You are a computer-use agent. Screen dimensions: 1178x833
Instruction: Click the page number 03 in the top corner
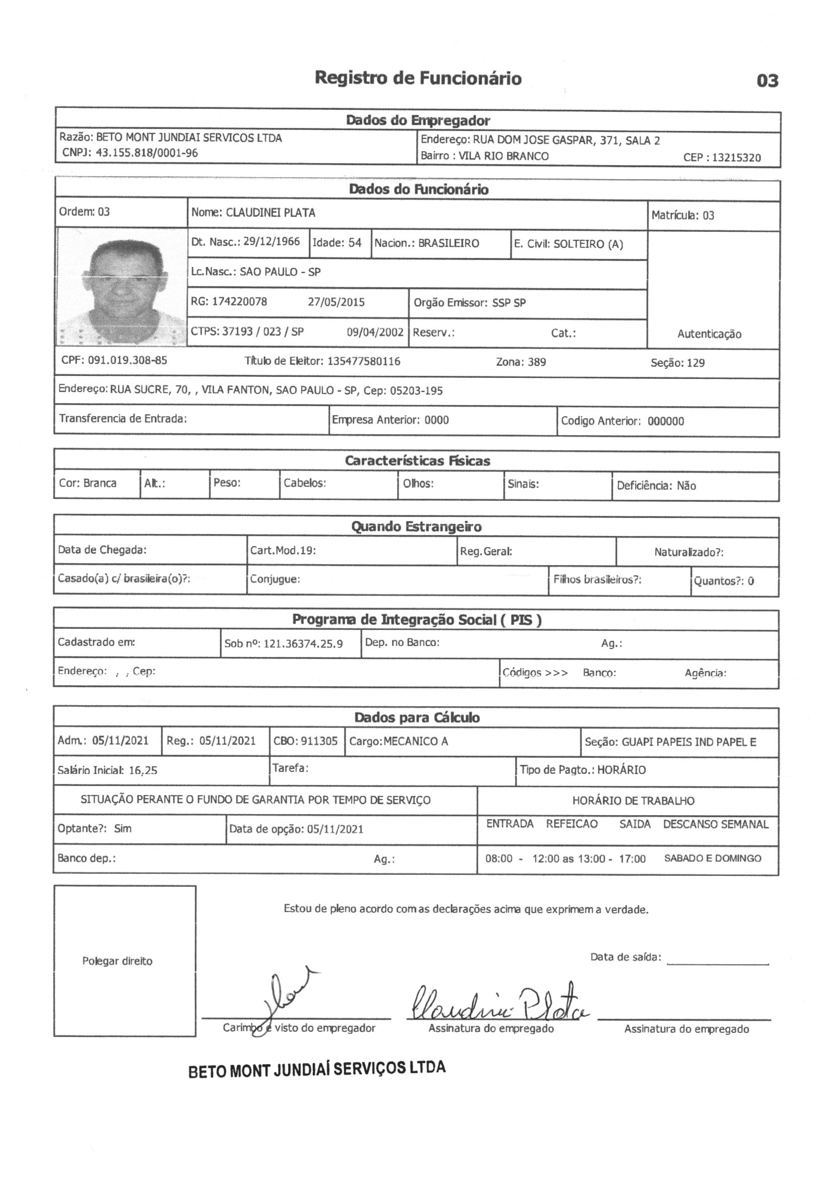point(767,81)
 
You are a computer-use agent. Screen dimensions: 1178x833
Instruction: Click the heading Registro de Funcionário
point(418,78)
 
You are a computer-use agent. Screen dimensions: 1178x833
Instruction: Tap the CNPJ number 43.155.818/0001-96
point(147,153)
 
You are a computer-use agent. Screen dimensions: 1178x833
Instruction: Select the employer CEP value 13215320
point(736,158)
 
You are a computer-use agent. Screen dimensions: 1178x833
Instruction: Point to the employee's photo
point(121,287)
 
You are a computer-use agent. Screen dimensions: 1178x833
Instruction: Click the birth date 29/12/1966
point(272,242)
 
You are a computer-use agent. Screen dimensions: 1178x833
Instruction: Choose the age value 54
point(355,243)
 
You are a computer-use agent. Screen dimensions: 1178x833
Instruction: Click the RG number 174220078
point(239,302)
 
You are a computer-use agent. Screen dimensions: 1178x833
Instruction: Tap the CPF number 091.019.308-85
point(127,360)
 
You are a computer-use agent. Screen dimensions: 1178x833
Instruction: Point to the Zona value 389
point(536,362)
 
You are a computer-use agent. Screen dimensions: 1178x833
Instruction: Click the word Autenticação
point(709,334)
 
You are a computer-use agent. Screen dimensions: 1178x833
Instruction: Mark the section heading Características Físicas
point(417,461)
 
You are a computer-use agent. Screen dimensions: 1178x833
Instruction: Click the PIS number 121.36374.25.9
point(303,643)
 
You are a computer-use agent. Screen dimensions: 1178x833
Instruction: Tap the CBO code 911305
point(318,741)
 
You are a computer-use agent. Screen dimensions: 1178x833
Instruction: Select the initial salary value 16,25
point(143,770)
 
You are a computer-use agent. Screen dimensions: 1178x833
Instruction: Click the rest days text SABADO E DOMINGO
point(713,859)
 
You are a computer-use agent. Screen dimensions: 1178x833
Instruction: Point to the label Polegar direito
point(117,961)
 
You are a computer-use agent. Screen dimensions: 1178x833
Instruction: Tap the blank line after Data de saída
point(717,963)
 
